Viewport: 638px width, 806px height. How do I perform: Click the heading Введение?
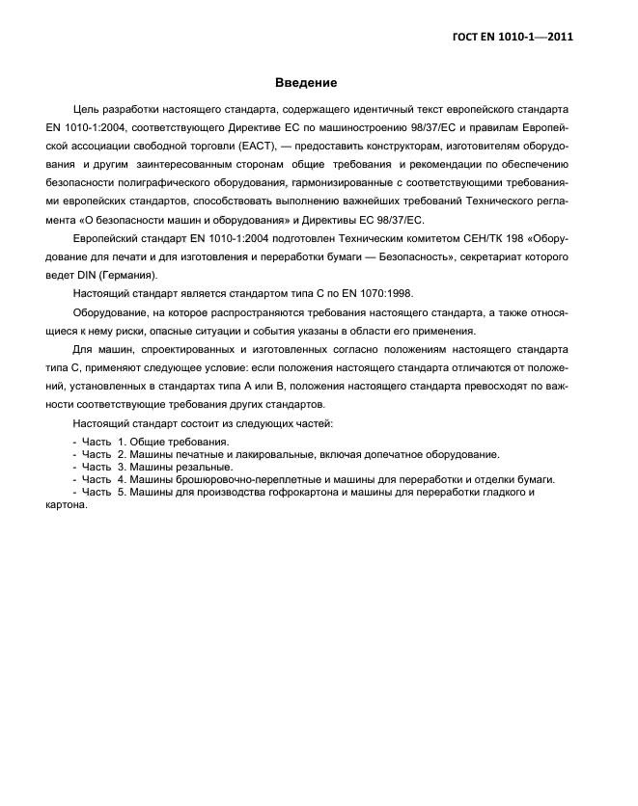click(306, 83)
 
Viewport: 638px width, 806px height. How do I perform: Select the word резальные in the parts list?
click(207, 466)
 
